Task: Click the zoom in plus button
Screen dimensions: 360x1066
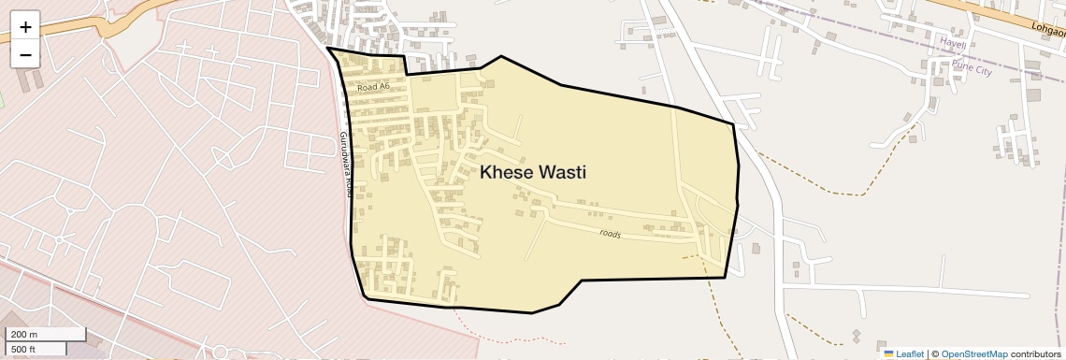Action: (x=25, y=27)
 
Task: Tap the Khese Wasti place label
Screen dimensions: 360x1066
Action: (x=533, y=172)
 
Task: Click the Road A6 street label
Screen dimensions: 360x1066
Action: (x=373, y=87)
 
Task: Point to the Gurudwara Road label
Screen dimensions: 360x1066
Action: (x=345, y=164)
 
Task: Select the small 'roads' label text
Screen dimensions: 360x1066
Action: (x=611, y=234)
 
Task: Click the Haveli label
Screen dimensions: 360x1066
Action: (x=952, y=43)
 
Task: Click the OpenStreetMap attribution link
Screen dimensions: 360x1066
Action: (x=973, y=354)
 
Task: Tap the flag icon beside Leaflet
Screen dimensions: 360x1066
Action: (x=888, y=354)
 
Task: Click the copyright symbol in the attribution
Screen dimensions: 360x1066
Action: (x=935, y=354)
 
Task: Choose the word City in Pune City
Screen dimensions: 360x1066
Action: (x=983, y=70)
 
